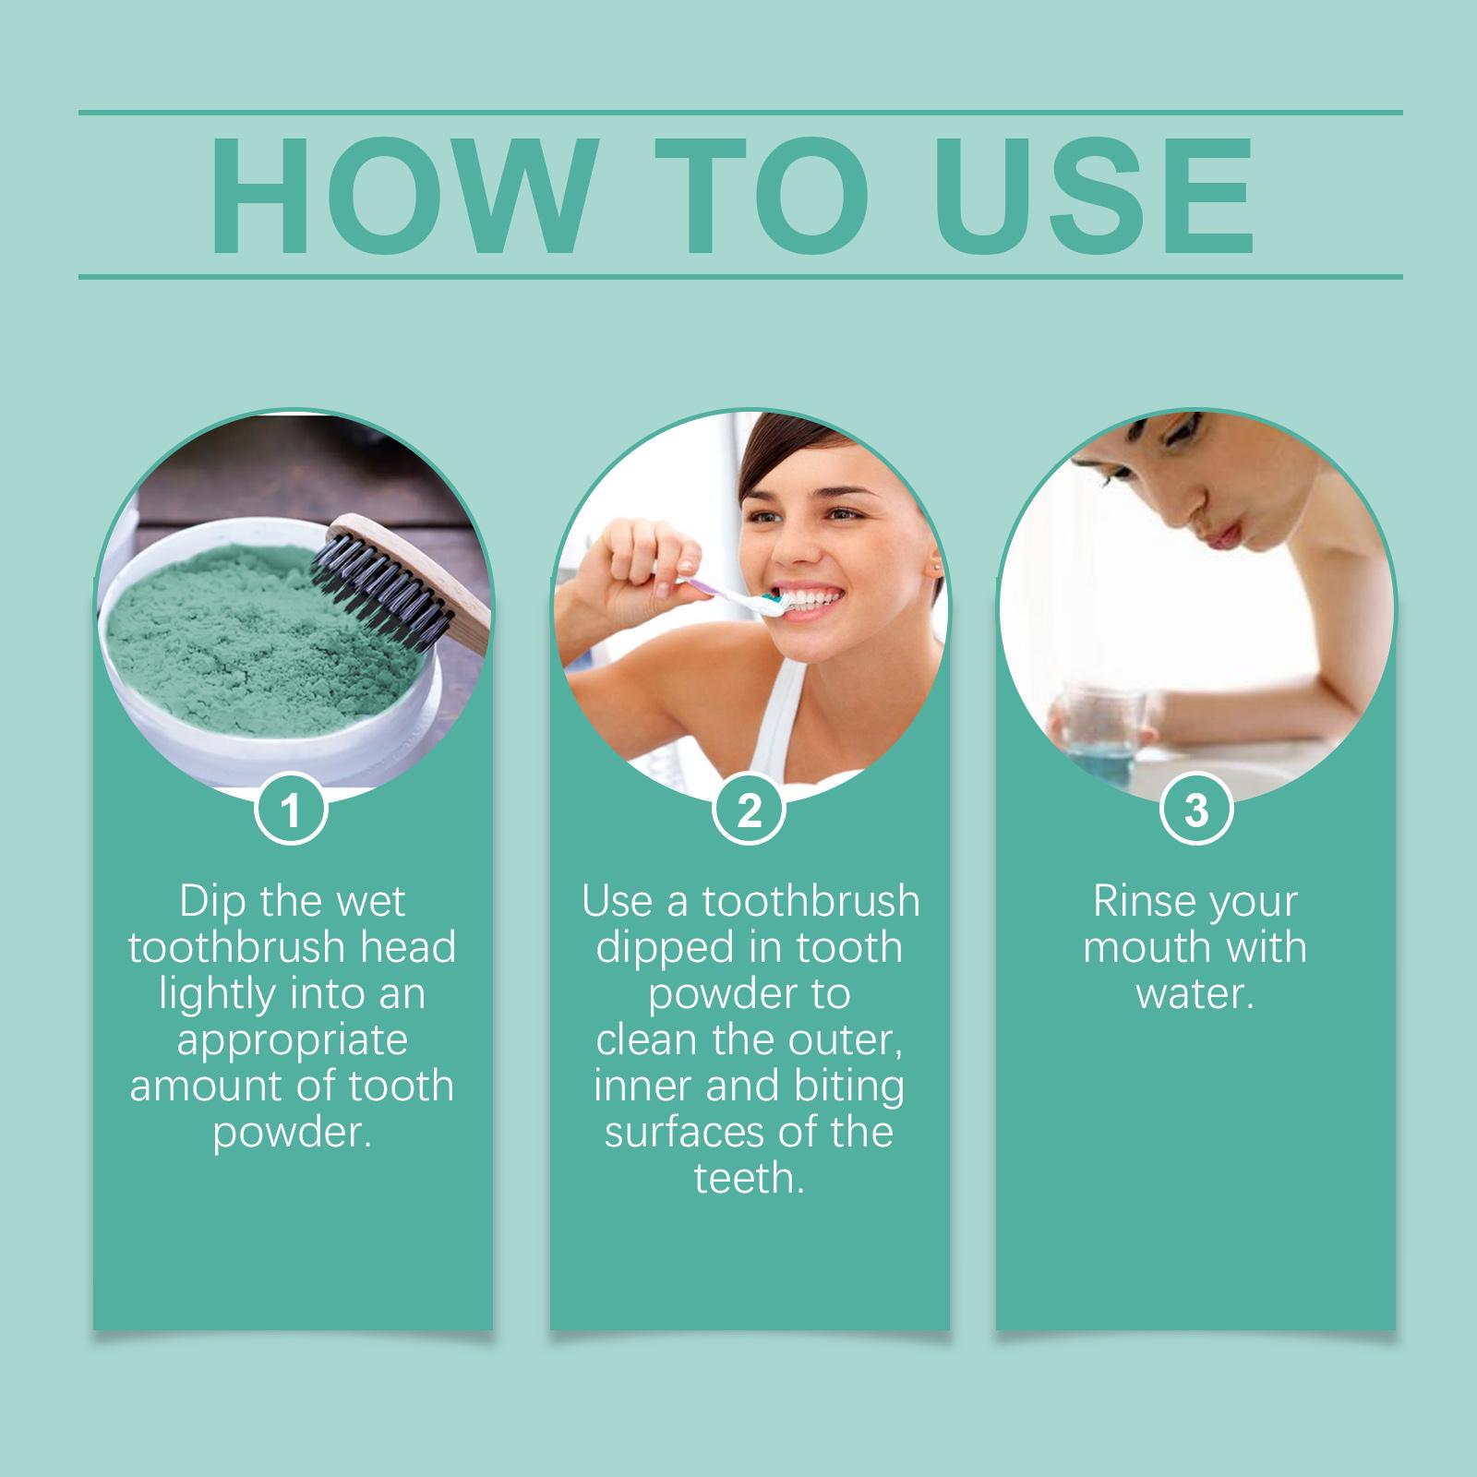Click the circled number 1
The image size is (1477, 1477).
(291, 811)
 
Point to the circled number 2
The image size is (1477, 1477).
(750, 811)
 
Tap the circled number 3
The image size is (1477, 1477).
(1195, 811)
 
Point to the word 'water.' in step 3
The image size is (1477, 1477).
(1195, 994)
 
